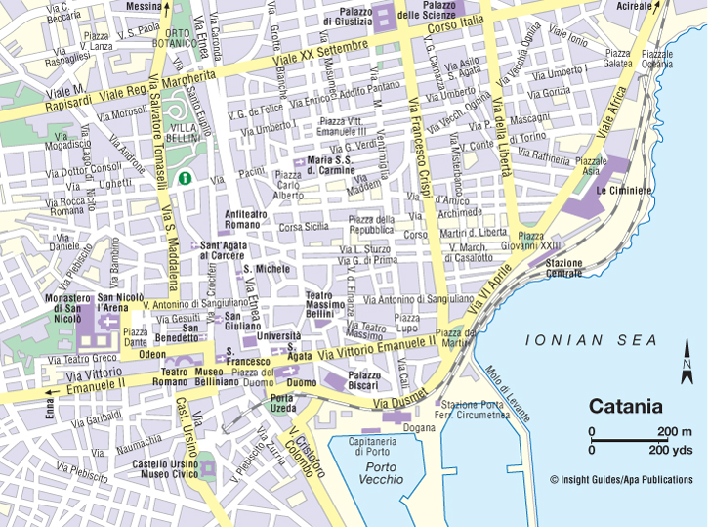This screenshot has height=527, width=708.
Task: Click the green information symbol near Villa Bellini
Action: tap(184, 178)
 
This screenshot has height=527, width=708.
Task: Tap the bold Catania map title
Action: tap(625, 406)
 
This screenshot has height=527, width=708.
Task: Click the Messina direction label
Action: tap(144, 6)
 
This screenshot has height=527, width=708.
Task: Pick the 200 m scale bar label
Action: tap(675, 431)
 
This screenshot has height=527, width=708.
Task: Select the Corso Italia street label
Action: tap(456, 24)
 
